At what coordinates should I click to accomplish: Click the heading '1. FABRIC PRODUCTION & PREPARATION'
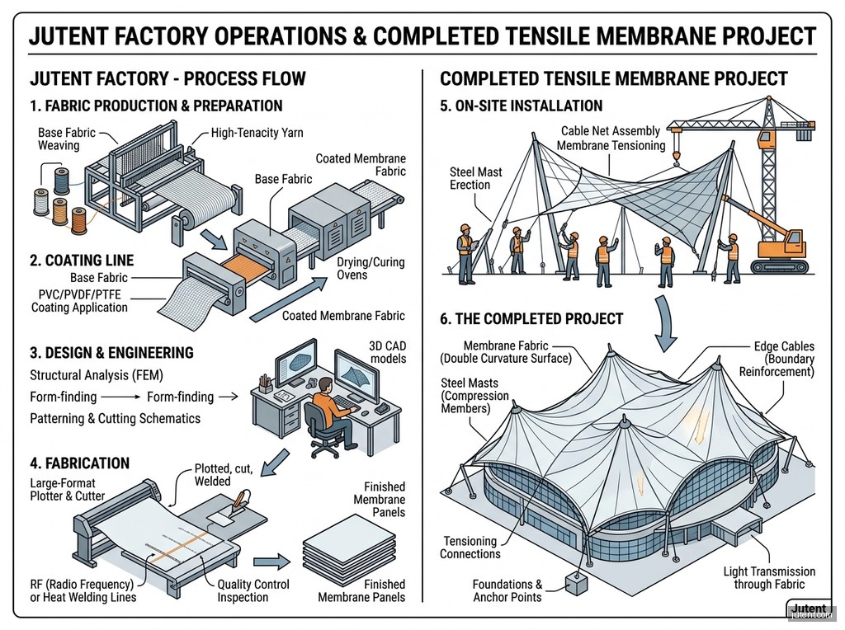(x=156, y=106)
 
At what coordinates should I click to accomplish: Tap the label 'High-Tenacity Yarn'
(x=257, y=133)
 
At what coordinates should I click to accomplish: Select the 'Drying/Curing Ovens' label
(x=371, y=268)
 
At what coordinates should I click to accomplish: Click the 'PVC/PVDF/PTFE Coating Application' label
(x=80, y=301)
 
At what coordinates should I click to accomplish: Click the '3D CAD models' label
(x=388, y=352)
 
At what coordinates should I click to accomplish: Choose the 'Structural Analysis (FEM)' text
(x=97, y=374)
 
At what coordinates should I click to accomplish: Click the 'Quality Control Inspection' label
(x=253, y=590)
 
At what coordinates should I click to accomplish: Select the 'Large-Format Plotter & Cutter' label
(x=68, y=490)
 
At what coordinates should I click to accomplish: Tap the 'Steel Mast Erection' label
(x=476, y=178)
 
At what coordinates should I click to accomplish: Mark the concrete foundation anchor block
(x=575, y=583)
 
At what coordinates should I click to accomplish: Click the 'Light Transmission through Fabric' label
(x=769, y=578)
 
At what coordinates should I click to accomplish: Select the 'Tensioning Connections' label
(x=470, y=548)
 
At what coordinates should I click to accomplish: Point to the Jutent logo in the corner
(x=809, y=609)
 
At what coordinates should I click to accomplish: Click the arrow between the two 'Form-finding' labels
(x=121, y=397)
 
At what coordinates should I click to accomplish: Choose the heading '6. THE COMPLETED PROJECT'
(x=531, y=319)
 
